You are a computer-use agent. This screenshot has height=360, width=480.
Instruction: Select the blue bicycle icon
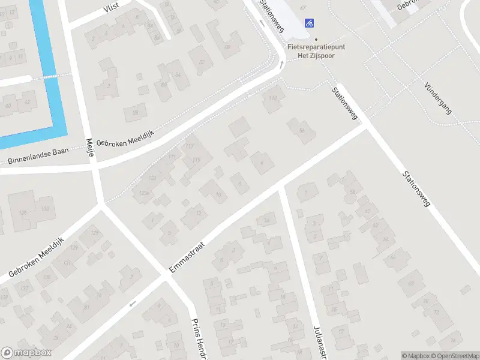pos(309,23)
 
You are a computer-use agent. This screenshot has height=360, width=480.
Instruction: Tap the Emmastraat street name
pos(188,255)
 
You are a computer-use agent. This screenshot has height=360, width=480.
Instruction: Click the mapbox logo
pos(26,353)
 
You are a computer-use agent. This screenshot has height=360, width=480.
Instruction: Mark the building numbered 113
pos(274,98)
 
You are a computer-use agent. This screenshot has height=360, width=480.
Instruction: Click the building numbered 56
pos(302,131)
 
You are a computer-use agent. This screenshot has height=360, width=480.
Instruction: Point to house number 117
pos(191,147)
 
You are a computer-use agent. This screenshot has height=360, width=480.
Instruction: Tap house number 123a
pos(143,193)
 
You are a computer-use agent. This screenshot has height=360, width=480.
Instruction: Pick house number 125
pos(94,233)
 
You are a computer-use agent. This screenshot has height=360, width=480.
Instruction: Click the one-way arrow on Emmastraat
pos(133,304)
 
